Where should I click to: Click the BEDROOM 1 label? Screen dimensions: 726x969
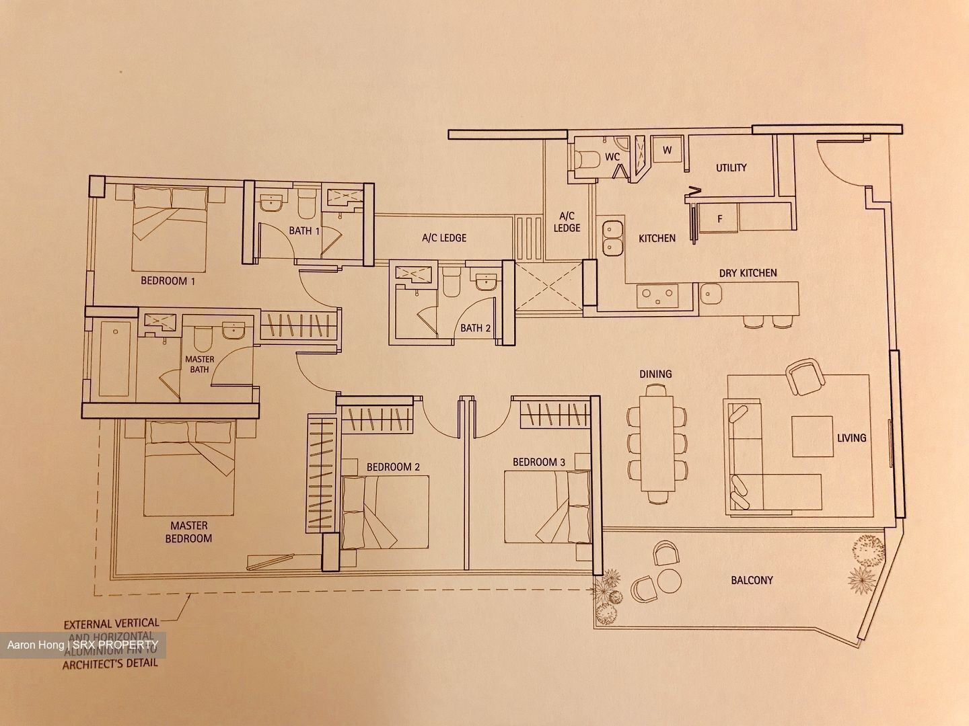pos(168,281)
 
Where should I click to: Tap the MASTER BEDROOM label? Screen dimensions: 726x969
pos(188,532)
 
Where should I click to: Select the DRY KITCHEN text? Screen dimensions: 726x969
pos(748,273)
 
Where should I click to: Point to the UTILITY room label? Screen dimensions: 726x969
pos(731,167)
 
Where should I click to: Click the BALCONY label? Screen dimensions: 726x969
pos(752,579)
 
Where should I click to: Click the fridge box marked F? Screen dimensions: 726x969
pos(719,218)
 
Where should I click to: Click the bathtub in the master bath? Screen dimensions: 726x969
pos(115,359)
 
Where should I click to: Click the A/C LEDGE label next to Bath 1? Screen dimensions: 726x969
pos(444,238)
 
